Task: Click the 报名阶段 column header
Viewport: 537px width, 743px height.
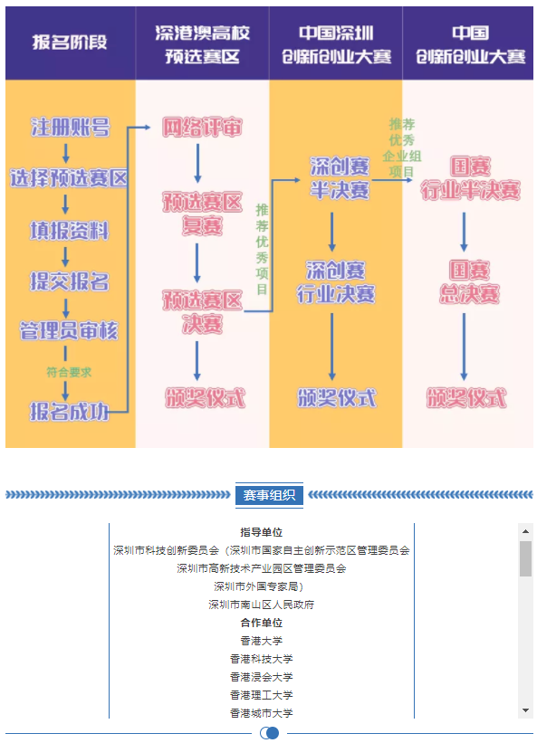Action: pyautogui.click(x=70, y=43)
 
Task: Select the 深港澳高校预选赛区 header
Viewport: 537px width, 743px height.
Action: pyautogui.click(x=202, y=44)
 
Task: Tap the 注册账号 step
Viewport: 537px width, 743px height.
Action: pyautogui.click(x=70, y=127)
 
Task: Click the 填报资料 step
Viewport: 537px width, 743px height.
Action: pyautogui.click(x=70, y=231)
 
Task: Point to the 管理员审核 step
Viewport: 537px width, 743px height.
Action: pyautogui.click(x=69, y=330)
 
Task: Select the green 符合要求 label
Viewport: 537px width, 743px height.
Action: pyautogui.click(x=69, y=373)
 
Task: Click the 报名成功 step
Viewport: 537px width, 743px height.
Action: pyautogui.click(x=69, y=411)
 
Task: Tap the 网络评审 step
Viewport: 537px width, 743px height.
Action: pyautogui.click(x=202, y=127)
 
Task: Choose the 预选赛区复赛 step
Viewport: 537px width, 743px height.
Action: pyautogui.click(x=202, y=214)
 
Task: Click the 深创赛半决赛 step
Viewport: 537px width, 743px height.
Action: pyautogui.click(x=340, y=178)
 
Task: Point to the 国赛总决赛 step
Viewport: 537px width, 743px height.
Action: pyautogui.click(x=469, y=282)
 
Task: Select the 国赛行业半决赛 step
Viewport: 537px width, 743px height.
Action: pyautogui.click(x=470, y=178)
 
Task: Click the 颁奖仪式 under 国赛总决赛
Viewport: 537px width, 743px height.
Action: pyautogui.click(x=466, y=397)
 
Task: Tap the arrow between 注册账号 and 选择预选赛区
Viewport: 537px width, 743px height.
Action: pyautogui.click(x=66, y=154)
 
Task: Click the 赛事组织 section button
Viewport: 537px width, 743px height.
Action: pyautogui.click(x=269, y=495)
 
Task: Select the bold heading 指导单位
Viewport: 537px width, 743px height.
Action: pyautogui.click(x=261, y=532)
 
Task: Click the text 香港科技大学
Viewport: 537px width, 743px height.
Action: pyautogui.click(x=261, y=659)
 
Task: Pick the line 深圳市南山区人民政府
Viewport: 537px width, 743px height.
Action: pyautogui.click(x=261, y=605)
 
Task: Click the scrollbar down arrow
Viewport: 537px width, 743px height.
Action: pyautogui.click(x=525, y=710)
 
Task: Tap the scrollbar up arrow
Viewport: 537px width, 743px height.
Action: pyautogui.click(x=525, y=531)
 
